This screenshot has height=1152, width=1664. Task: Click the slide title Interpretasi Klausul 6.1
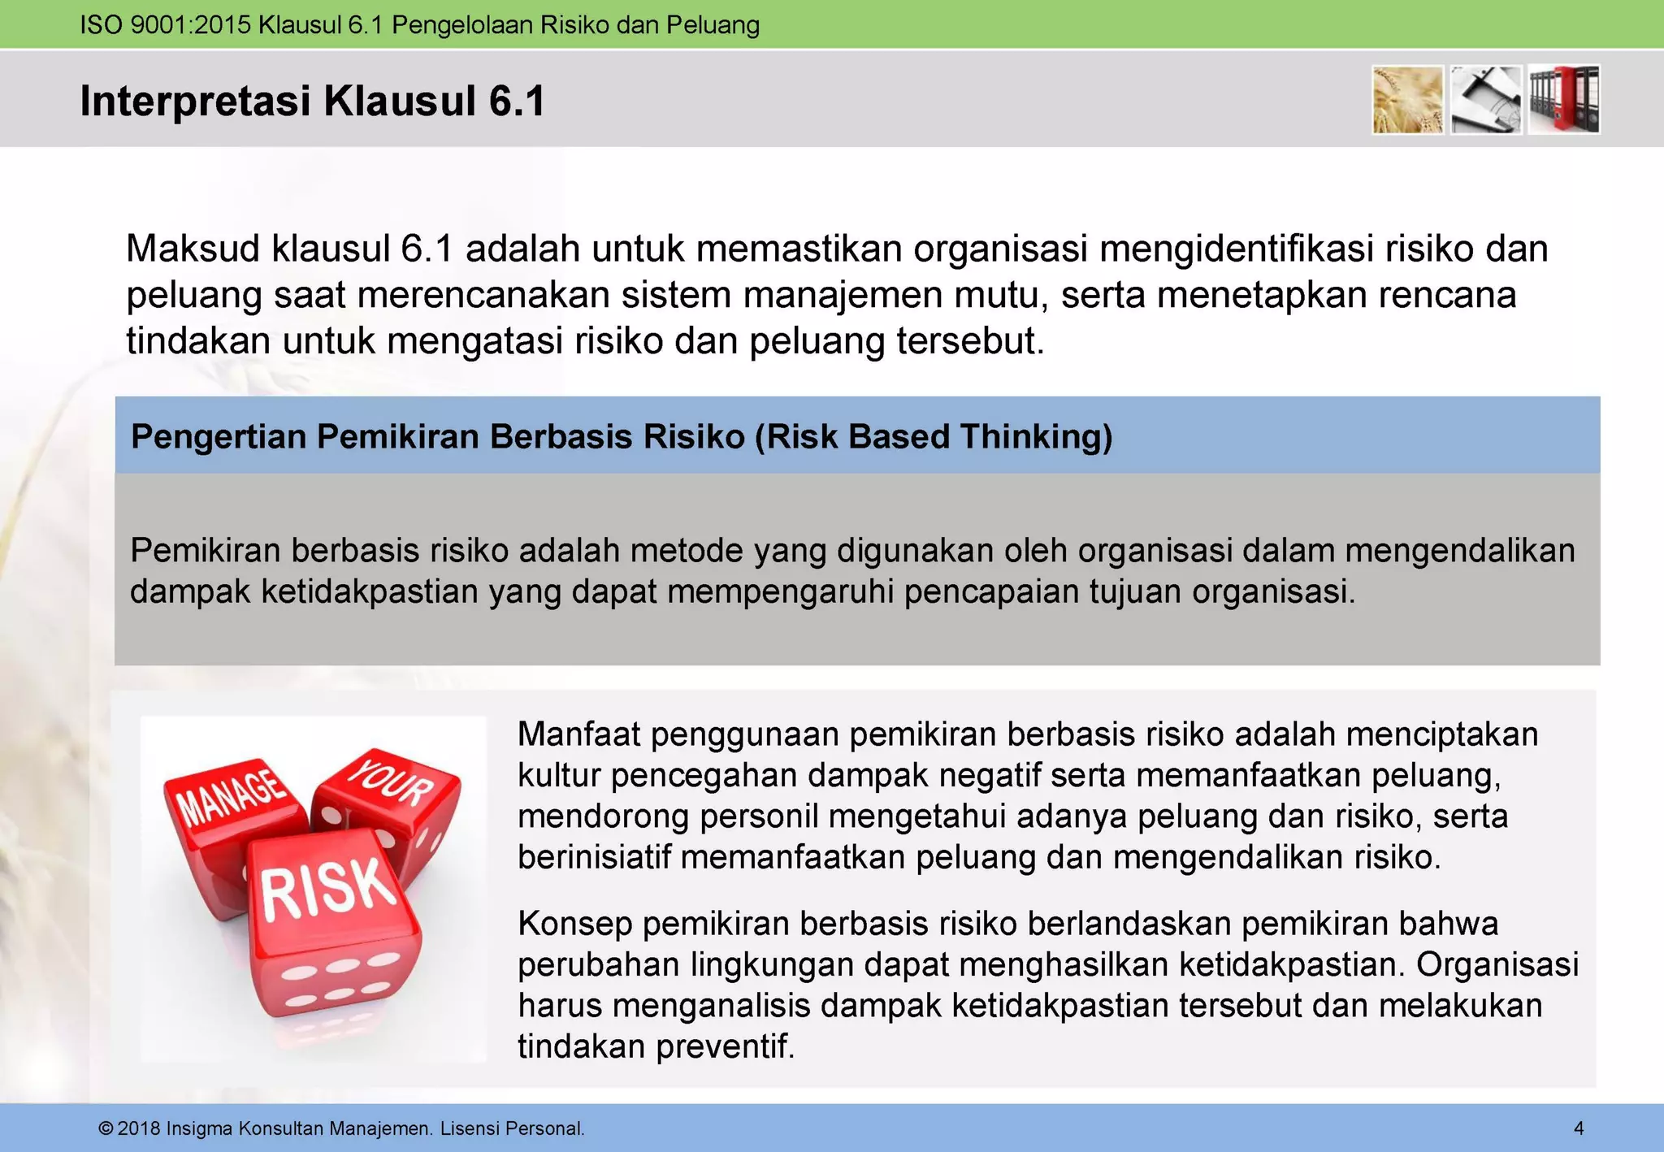coord(312,102)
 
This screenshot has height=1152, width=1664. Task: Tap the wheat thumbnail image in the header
coord(1407,100)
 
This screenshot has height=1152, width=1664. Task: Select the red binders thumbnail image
coord(1564,100)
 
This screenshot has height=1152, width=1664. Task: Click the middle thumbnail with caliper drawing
coord(1486,100)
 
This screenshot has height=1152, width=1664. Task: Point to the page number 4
coord(1579,1128)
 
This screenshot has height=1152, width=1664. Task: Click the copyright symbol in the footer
coord(106,1128)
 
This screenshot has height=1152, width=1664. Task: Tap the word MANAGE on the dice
coord(232,795)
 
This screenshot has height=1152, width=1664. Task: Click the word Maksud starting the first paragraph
coord(193,249)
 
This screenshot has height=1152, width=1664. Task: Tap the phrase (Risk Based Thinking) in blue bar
coord(934,436)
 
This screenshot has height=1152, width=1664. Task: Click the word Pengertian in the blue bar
coord(218,436)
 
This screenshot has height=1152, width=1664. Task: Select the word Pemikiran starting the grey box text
coord(205,551)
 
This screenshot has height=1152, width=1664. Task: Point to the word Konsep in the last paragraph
coord(574,924)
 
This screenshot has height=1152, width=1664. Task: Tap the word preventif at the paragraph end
coord(725,1046)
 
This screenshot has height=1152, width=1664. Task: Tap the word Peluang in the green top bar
coord(713,25)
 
